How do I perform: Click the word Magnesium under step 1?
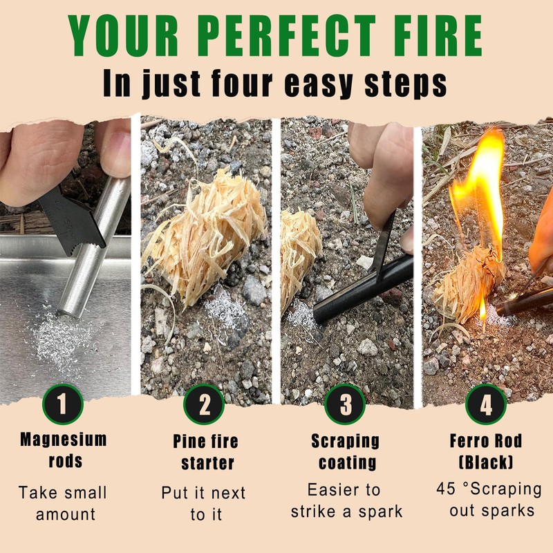coord(64,439)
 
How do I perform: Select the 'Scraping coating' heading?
coord(344,451)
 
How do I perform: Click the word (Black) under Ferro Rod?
coord(486,462)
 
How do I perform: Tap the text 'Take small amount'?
coord(63,503)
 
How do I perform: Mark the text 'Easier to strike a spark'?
coord(344,501)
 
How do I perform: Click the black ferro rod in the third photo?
coord(359,290)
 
